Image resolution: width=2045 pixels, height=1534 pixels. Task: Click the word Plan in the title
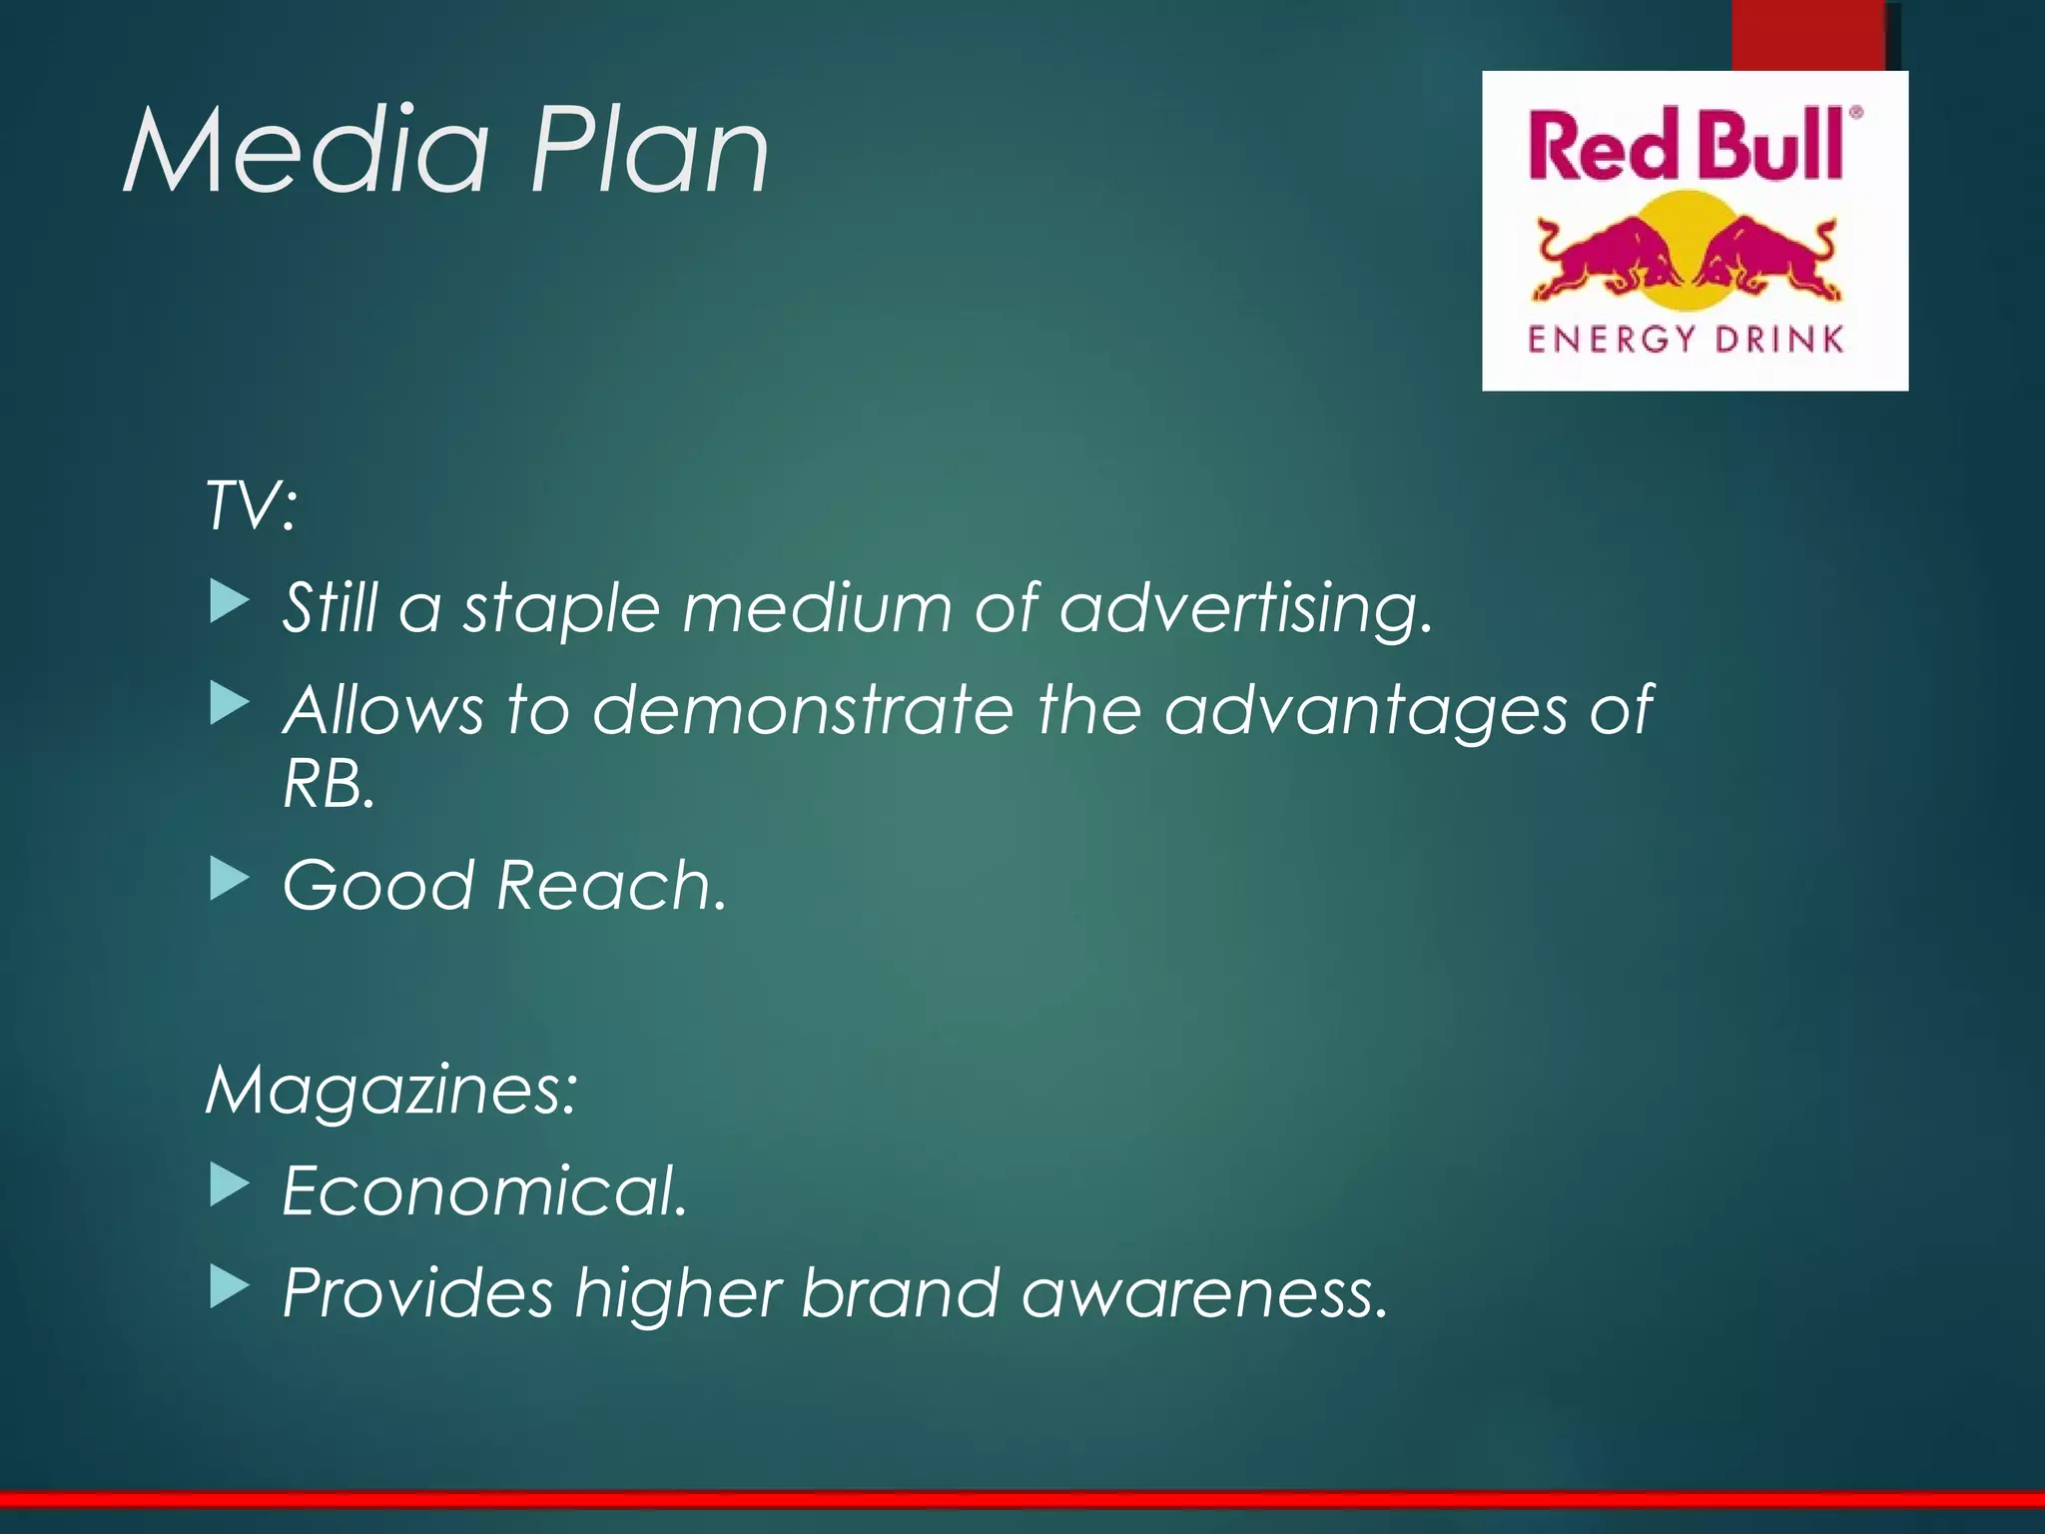(649, 152)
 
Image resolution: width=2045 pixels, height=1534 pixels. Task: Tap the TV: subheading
(251, 505)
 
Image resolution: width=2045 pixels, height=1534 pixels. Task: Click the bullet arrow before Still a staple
(229, 604)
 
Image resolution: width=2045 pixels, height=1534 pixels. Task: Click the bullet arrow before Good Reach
(229, 881)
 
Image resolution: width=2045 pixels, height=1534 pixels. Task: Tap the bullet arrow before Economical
(229, 1186)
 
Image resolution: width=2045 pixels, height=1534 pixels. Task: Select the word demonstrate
(802, 711)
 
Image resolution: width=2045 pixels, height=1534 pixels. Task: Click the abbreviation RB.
(328, 785)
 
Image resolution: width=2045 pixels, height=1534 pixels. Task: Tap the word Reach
(611, 887)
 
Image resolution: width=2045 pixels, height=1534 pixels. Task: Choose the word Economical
(485, 1191)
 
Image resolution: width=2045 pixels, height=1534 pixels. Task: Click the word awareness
(1204, 1294)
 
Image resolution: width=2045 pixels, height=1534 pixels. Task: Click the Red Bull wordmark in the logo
(1686, 147)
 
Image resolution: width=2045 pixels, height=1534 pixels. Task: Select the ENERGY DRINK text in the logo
(1686, 340)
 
